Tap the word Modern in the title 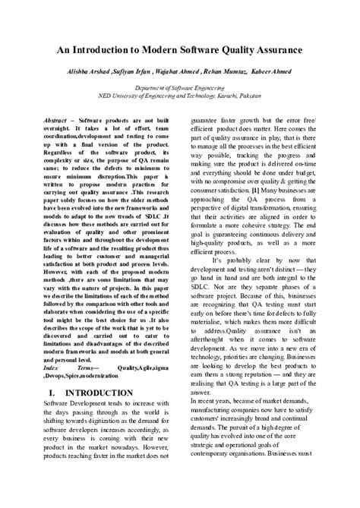point(144,49)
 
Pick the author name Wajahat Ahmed point(175,71)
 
